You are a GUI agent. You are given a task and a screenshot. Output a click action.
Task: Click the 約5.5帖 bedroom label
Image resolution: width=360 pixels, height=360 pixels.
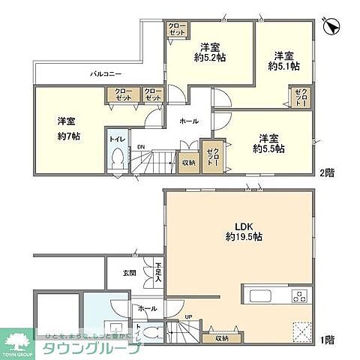pyautogui.click(x=268, y=148)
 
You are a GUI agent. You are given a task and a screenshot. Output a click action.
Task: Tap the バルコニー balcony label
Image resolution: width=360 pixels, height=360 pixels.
pyautogui.click(x=103, y=74)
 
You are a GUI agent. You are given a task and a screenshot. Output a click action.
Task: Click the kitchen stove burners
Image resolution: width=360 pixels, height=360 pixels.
pyautogui.click(x=298, y=293)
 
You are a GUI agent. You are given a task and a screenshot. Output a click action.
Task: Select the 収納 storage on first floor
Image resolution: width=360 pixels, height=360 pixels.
pyautogui.click(x=222, y=338)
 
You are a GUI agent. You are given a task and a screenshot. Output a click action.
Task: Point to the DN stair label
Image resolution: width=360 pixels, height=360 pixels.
pyautogui.click(x=140, y=147)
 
